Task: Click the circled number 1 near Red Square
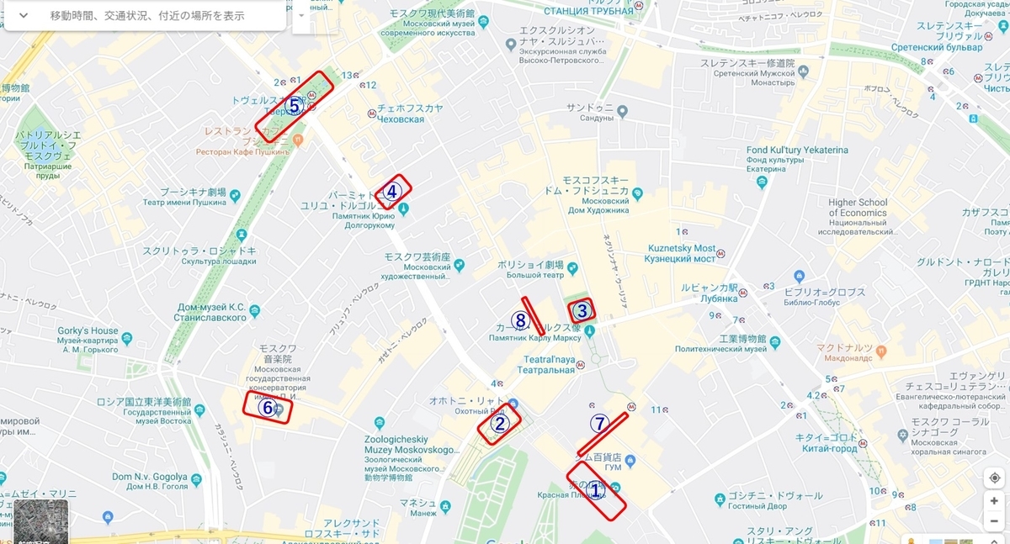[595, 490]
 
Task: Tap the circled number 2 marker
[499, 424]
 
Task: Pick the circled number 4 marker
[391, 192]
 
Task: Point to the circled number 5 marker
[294, 106]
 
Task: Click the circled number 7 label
[599, 424]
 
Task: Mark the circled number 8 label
[520, 320]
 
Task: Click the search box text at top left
[147, 15]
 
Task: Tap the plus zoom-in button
[994, 501]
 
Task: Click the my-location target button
[994, 477]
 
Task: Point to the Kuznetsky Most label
[681, 249]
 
